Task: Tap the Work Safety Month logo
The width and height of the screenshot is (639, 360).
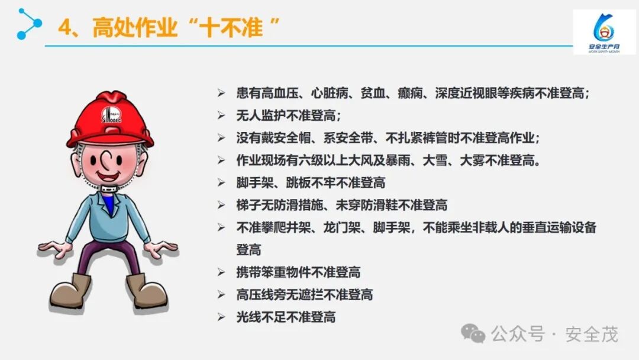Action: pyautogui.click(x=604, y=32)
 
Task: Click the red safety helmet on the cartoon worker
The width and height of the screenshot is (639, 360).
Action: pyautogui.click(x=110, y=119)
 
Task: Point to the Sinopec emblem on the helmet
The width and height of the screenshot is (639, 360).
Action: pyautogui.click(x=111, y=114)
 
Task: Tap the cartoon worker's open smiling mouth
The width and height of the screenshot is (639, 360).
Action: pyautogui.click(x=108, y=176)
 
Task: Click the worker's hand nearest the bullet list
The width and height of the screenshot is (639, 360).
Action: pyautogui.click(x=161, y=249)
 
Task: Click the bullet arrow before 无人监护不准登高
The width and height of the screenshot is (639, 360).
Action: pyautogui.click(x=221, y=116)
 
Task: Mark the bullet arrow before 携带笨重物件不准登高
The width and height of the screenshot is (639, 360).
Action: pyautogui.click(x=221, y=272)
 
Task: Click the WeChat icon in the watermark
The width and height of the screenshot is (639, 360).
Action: pyautogui.click(x=473, y=333)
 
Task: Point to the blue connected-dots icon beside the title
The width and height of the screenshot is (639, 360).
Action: pyautogui.click(x=29, y=24)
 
